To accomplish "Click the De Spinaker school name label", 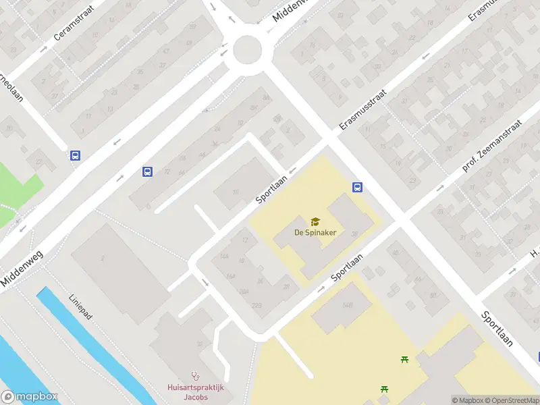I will click(x=315, y=233).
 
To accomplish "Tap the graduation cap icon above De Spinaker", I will click(x=315, y=221).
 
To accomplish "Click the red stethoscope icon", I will click(x=196, y=376).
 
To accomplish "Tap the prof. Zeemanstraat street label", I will click(x=493, y=146).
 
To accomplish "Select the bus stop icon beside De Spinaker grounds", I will click(x=357, y=188).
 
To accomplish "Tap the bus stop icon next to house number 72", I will click(x=146, y=171).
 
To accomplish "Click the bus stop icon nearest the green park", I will click(x=75, y=155).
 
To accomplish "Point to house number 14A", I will click(x=224, y=256).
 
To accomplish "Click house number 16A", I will click(x=232, y=276).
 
